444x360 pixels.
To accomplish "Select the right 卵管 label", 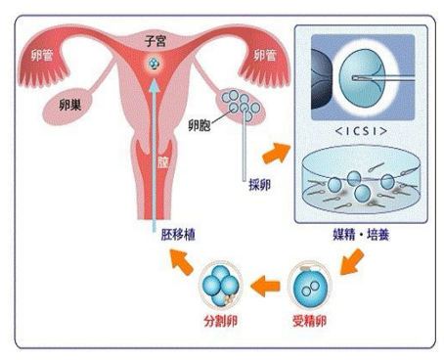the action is pos(264,55).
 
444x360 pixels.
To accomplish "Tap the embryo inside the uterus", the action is pos(155,65).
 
